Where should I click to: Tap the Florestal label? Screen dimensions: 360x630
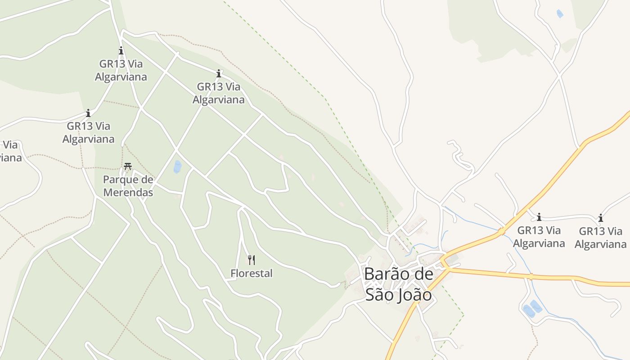251,273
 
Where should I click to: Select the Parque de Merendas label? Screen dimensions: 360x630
128,186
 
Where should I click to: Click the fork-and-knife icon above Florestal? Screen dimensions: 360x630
252,260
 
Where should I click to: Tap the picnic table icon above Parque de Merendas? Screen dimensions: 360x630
128,166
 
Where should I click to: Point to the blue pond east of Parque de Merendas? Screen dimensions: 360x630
177,167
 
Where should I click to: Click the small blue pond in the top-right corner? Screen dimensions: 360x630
560,13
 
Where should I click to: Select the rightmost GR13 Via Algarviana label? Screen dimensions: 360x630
600,238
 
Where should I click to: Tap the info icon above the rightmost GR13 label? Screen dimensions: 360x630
600,218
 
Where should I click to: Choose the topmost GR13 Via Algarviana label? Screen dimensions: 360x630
121,70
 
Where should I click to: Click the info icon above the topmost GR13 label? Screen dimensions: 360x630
121,50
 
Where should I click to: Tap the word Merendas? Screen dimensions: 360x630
128,193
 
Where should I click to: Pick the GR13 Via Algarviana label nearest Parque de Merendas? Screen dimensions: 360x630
88,132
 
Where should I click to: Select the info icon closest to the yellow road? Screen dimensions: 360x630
539,217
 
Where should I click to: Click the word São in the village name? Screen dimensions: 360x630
378,295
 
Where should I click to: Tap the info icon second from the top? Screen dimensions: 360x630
219,73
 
